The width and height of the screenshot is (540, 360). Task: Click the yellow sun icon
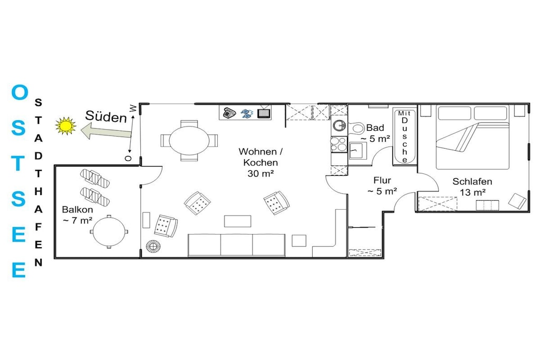point(66,126)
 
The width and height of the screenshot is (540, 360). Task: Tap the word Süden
point(105,116)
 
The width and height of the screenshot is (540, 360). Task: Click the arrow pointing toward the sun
point(106,131)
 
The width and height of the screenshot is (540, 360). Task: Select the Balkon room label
point(78,210)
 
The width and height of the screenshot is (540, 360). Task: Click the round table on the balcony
point(109,231)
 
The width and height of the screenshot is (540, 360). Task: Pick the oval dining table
point(189,140)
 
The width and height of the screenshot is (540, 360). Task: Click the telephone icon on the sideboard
point(229,113)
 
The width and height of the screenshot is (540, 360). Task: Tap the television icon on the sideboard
point(264,112)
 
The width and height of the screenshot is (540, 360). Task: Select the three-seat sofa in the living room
point(237,245)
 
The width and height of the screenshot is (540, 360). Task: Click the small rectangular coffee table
point(238,221)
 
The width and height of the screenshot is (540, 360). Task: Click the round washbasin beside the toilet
point(339,125)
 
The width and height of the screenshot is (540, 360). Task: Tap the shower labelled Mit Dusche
point(404,137)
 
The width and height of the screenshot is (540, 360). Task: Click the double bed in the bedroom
point(472,138)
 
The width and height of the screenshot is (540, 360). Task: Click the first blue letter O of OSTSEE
point(20,92)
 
